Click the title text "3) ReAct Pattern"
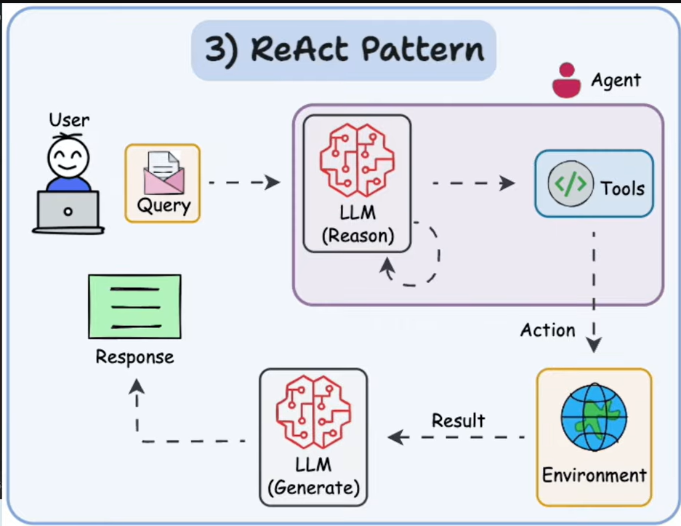(x=344, y=49)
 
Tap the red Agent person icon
(x=566, y=81)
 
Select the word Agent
(x=616, y=80)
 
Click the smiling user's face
(x=68, y=156)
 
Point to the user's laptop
(x=68, y=212)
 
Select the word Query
(x=164, y=206)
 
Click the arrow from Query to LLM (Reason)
(x=243, y=182)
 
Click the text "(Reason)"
(x=357, y=236)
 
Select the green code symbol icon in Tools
(x=567, y=184)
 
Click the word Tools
(x=622, y=188)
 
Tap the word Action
(x=547, y=330)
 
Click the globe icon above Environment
(x=594, y=421)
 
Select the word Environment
(x=594, y=476)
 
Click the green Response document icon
(x=134, y=306)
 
